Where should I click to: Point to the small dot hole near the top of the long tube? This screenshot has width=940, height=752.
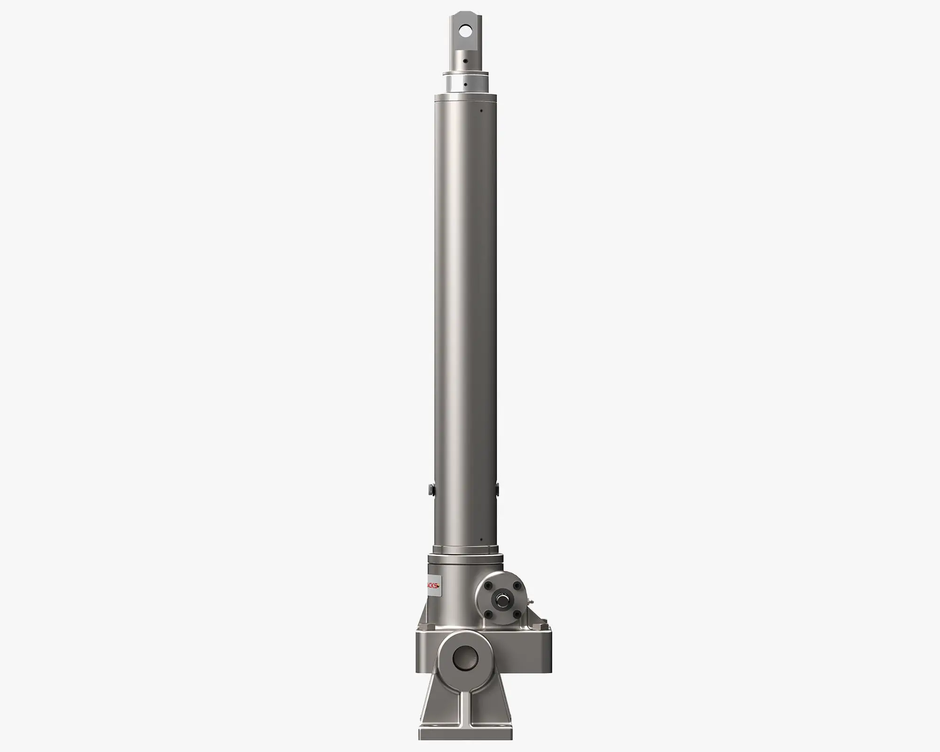coord(481,111)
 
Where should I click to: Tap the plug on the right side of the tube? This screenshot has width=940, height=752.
coord(497,489)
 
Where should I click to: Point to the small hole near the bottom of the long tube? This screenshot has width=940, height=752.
coord(481,540)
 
